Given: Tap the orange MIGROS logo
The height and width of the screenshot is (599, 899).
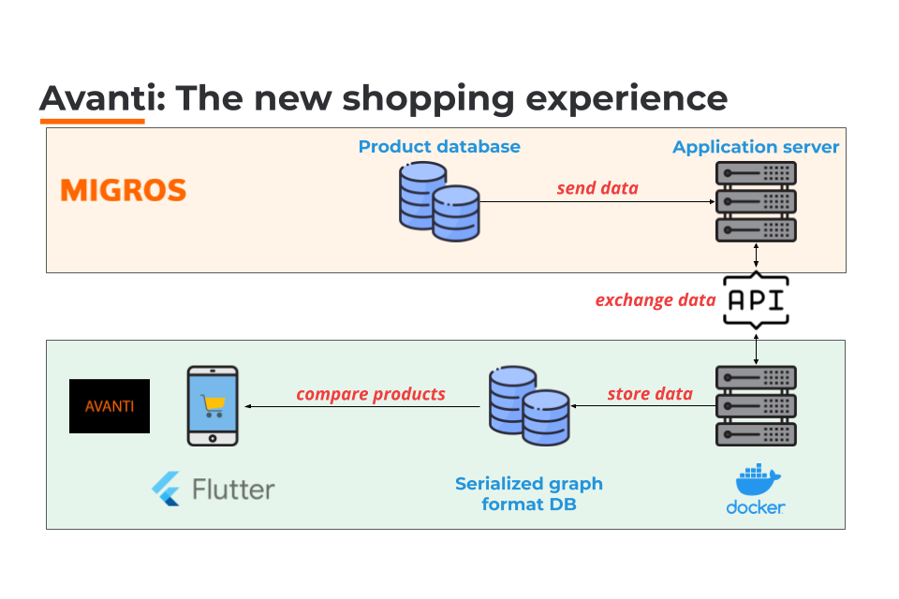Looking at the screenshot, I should coord(123,191).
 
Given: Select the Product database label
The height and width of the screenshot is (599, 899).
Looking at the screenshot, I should coord(439,147).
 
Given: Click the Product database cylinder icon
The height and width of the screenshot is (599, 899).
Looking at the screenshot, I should coord(438,200).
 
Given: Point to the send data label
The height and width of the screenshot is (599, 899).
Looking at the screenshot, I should coord(597,188).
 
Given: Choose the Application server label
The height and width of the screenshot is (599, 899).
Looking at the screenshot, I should coord(756,147).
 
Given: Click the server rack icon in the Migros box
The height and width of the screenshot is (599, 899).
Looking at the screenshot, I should coord(756,201).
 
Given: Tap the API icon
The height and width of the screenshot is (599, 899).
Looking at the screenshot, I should coord(756,301).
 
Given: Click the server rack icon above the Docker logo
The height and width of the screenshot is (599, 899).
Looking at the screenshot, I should coord(756,405).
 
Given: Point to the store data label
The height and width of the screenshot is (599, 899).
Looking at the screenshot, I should coord(650,393).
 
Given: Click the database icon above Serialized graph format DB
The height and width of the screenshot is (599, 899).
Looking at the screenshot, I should coord(528,406).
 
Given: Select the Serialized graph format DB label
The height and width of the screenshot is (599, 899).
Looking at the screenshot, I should coord(529,494).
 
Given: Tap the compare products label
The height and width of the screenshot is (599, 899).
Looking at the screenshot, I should coord(371,394).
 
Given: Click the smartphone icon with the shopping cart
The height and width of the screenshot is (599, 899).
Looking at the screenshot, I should coord(213,405).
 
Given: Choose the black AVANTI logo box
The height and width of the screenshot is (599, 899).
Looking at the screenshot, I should coord(110,406).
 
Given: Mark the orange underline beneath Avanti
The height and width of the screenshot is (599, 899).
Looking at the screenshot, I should coord(92,121).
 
